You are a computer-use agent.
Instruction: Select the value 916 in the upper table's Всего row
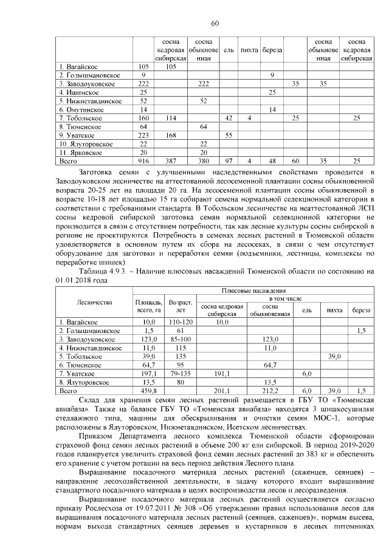143,161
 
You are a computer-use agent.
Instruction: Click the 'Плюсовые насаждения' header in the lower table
253,292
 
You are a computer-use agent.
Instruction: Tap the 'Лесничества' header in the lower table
94,301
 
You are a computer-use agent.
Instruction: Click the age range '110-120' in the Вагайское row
181,321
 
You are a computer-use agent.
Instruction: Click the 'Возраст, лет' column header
181,306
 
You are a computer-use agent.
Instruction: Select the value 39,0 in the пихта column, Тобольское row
334,356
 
